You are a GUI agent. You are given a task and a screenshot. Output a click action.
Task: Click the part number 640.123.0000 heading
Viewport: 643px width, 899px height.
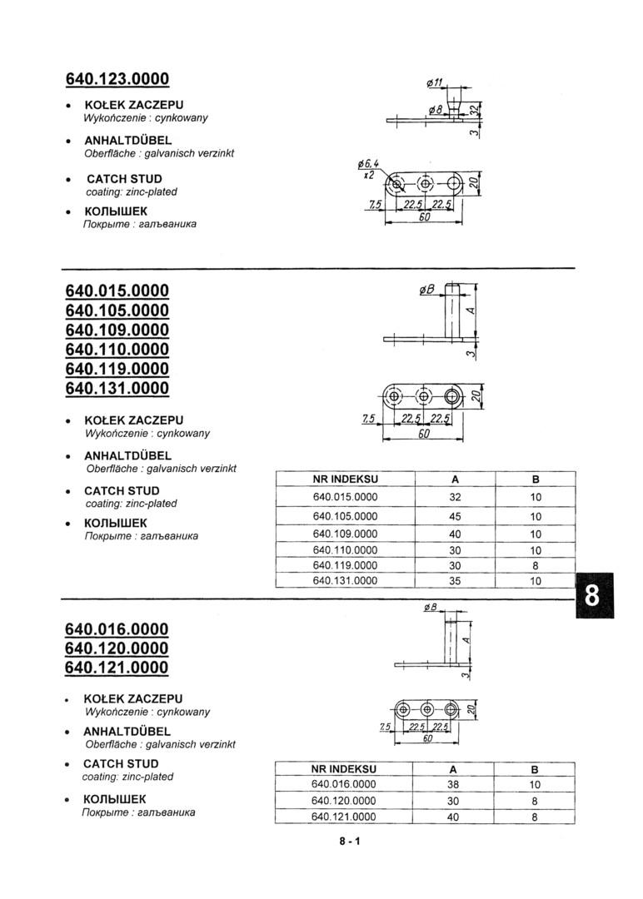click(x=117, y=79)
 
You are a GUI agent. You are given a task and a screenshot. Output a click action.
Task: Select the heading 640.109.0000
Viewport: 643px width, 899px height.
click(x=117, y=330)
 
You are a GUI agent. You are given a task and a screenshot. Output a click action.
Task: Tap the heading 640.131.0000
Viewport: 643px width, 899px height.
click(x=117, y=388)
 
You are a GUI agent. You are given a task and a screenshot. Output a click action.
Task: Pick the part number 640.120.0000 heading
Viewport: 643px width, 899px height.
click(x=117, y=648)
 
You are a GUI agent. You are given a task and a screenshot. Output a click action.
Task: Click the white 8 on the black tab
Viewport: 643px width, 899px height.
click(x=592, y=596)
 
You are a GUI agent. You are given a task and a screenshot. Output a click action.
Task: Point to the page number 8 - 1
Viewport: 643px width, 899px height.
click(x=349, y=842)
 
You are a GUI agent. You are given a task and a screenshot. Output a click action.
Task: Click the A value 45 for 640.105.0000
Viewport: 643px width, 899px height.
click(x=454, y=516)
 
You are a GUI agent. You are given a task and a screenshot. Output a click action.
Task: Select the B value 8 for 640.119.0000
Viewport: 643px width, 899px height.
click(x=535, y=565)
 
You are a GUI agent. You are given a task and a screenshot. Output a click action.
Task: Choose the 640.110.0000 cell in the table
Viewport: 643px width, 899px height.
click(x=345, y=550)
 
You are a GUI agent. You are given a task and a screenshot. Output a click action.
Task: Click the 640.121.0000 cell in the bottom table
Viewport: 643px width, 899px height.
click(x=344, y=817)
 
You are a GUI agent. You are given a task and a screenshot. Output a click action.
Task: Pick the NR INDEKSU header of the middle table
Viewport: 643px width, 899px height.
click(x=345, y=479)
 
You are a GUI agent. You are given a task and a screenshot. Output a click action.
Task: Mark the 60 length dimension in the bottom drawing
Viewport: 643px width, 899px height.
click(x=427, y=738)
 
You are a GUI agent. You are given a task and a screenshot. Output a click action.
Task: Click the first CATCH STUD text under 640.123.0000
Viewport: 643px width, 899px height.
click(x=124, y=179)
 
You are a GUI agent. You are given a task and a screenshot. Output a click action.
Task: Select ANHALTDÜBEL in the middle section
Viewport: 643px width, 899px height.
click(x=127, y=456)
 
